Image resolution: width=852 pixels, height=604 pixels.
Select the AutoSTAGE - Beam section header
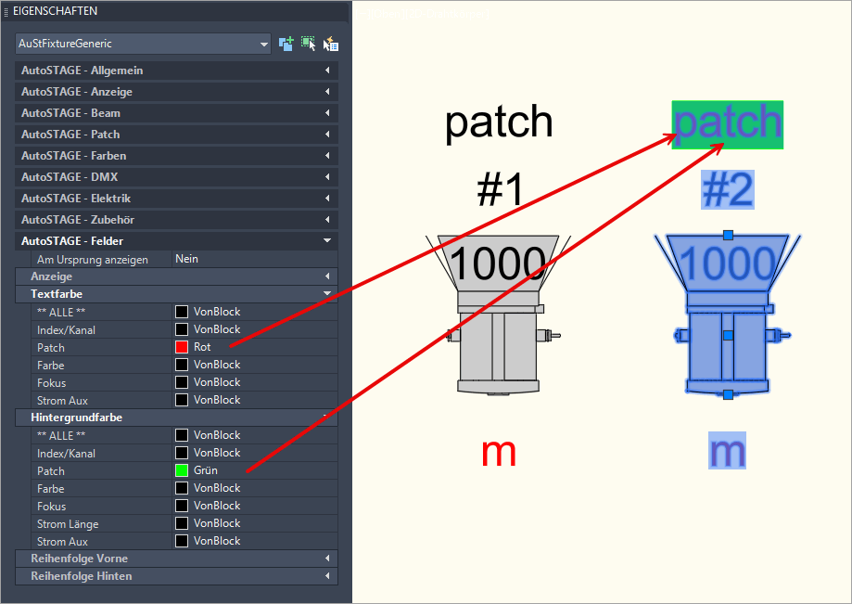[71, 113]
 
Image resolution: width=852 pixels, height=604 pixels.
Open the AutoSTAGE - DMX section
[70, 177]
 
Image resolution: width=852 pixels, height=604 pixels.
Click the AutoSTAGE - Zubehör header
[75, 220]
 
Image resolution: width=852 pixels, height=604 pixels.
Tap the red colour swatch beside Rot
[182, 347]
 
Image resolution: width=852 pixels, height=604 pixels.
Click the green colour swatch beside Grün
[182, 470]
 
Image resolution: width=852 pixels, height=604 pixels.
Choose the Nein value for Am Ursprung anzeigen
[187, 259]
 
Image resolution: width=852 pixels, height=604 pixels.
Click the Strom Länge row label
[68, 524]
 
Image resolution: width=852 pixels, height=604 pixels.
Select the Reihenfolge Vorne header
[80, 559]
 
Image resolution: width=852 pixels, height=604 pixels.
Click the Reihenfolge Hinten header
[82, 576]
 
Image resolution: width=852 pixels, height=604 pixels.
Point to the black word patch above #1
[499, 122]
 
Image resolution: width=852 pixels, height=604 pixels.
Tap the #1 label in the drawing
[501, 190]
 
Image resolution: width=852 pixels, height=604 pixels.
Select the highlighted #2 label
[728, 190]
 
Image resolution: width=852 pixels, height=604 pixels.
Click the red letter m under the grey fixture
[499, 452]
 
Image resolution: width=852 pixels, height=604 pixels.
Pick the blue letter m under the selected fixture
[728, 452]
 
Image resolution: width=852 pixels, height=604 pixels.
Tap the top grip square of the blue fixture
[728, 235]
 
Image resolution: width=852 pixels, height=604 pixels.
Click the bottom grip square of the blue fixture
[728, 395]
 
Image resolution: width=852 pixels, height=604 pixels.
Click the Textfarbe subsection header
[57, 294]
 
